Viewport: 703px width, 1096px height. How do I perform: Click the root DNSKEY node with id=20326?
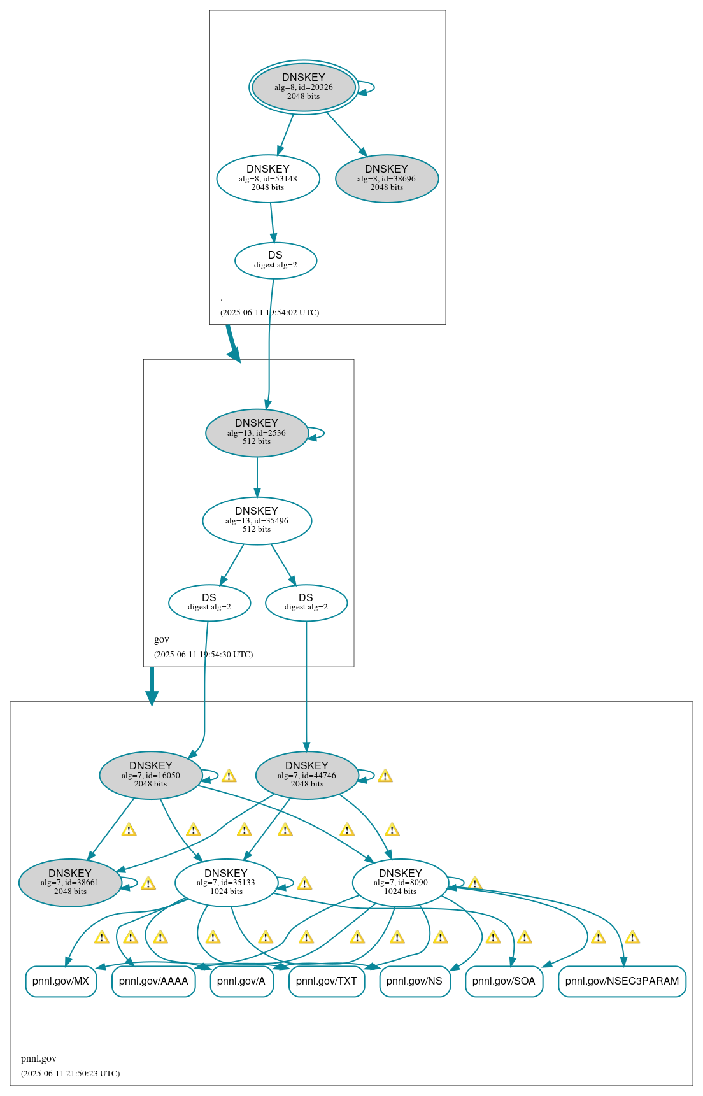[304, 87]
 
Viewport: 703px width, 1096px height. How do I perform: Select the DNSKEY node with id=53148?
[268, 179]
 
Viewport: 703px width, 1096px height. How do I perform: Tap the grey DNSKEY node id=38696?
[387, 179]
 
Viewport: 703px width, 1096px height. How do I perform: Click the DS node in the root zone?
[275, 260]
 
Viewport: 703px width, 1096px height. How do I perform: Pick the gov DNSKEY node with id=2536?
[257, 433]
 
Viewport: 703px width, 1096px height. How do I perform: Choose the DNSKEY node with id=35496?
[257, 521]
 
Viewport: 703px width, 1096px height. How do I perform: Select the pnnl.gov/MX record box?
[60, 981]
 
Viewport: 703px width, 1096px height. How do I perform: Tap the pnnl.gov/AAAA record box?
[153, 981]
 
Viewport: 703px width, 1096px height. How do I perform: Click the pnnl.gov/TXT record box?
[327, 981]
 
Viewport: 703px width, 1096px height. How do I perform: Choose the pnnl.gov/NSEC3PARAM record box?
[622, 981]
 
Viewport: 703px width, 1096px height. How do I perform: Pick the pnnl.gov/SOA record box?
[504, 981]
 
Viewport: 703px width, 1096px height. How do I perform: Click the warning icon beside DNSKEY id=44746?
[385, 776]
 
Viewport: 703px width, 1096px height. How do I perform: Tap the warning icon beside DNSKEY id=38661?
[148, 884]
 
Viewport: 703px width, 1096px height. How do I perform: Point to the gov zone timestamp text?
[203, 655]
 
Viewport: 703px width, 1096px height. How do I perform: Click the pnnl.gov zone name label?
[39, 1058]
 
